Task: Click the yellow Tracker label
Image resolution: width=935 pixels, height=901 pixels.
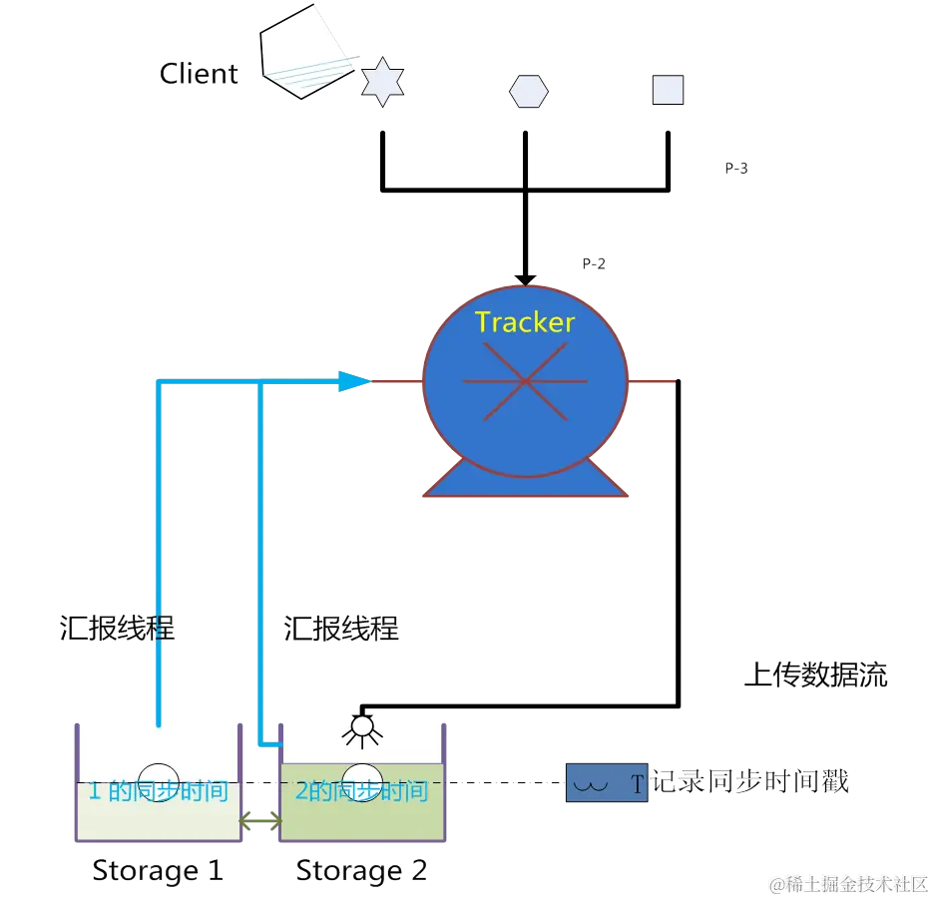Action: tap(525, 322)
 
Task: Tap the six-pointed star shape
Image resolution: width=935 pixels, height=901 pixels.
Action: tap(381, 82)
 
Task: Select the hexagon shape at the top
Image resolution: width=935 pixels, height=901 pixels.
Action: tap(529, 91)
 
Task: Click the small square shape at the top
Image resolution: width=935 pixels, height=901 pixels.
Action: tap(668, 90)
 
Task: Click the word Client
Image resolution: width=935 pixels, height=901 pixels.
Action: tap(200, 74)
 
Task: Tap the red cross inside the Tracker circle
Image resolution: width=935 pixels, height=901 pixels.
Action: tap(525, 381)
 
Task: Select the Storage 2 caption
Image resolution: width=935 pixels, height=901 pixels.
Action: tap(362, 870)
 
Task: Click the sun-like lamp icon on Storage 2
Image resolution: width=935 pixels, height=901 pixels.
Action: tap(360, 730)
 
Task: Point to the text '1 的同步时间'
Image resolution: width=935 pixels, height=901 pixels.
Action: tap(159, 791)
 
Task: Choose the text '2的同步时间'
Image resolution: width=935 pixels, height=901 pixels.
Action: tap(361, 791)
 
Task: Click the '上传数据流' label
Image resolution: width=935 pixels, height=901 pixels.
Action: tap(816, 676)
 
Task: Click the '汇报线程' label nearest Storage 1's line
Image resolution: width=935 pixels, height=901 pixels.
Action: tap(116, 630)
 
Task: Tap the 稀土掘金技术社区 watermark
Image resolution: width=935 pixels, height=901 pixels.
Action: tap(848, 883)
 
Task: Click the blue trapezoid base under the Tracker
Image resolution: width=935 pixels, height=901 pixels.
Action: tap(526, 481)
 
